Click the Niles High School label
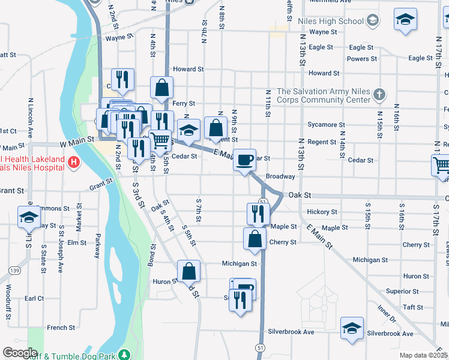pyautogui.click(x=331, y=21)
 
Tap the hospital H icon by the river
pyautogui.click(x=73, y=162)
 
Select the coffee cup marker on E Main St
pyautogui.click(x=244, y=160)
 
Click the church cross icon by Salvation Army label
pyautogui.click(x=378, y=94)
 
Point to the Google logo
pyautogui.click(x=19, y=353)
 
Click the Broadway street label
pyautogui.click(x=280, y=176)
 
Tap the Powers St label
pyautogui.click(x=362, y=59)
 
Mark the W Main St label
pyautogui.click(x=77, y=139)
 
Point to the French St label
pyautogui.click(x=61, y=328)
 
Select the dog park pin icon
pyautogui.click(x=124, y=355)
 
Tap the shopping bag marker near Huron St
pyautogui.click(x=188, y=271)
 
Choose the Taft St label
pyautogui.click(x=413, y=307)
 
